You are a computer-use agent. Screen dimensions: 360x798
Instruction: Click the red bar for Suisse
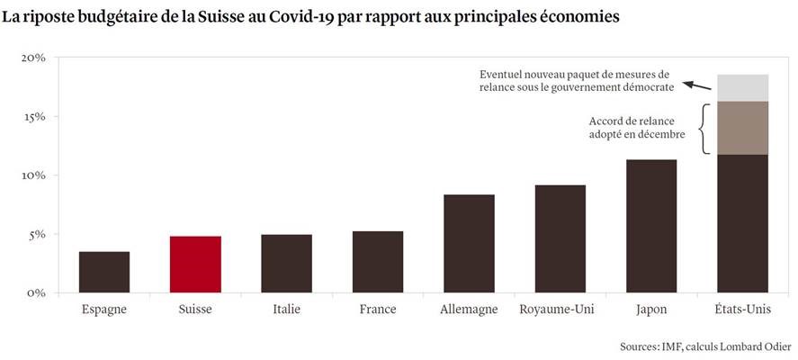[195, 265]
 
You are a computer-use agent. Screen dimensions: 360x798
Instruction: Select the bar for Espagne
[104, 272]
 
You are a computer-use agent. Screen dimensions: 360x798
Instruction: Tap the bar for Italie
[286, 264]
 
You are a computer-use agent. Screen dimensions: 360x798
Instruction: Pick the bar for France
[378, 262]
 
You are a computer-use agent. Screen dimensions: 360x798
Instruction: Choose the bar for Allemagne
[469, 244]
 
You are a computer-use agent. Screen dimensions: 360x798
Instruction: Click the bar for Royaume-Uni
[560, 238]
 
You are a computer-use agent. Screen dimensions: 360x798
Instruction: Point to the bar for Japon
[651, 226]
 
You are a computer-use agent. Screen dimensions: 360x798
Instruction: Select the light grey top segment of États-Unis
[742, 87]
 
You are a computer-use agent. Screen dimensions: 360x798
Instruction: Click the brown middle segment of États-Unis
[742, 128]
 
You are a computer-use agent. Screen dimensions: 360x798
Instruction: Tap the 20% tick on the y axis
[33, 58]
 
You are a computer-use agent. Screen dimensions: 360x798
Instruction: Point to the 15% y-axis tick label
[33, 116]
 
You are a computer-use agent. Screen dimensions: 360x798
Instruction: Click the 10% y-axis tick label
[33, 175]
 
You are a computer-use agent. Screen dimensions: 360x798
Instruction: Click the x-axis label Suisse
[195, 310]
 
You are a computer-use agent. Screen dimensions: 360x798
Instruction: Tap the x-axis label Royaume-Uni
[560, 310]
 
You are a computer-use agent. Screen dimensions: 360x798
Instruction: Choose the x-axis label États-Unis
[742, 310]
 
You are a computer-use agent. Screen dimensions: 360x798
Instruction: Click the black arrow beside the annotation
[697, 85]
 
